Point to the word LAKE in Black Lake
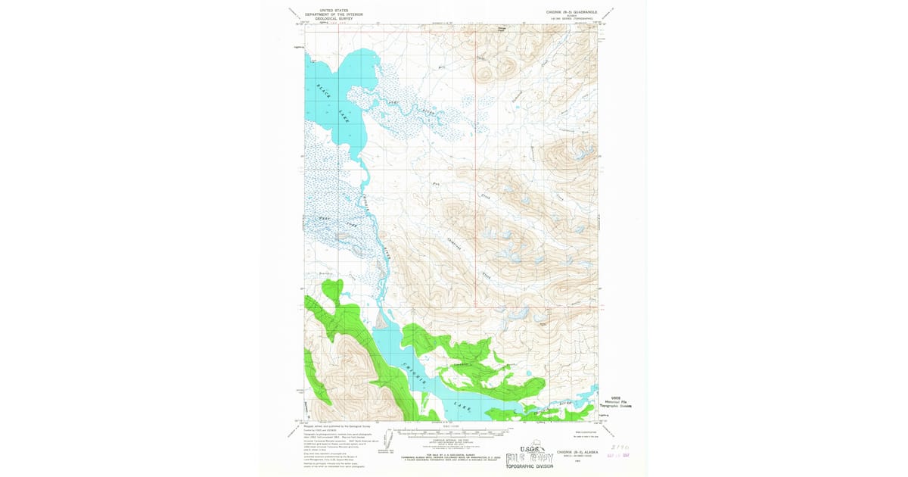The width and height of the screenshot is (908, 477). pos(344,114)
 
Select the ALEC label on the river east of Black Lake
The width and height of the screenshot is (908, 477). pos(393,101)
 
